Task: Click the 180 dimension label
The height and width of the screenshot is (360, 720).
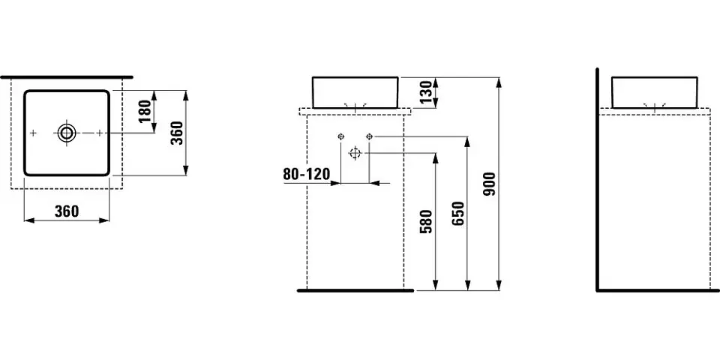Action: pos(145,111)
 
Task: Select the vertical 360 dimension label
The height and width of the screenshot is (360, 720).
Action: pos(177,133)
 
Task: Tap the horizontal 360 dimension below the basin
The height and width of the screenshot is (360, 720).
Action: pos(67,211)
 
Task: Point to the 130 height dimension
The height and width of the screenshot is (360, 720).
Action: pos(425,92)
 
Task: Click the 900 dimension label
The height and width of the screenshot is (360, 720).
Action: pos(490,184)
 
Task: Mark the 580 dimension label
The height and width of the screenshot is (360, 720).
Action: pos(426,222)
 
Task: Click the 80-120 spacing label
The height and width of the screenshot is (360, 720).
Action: pos(306,174)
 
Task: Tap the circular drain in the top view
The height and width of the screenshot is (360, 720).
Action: pos(67,133)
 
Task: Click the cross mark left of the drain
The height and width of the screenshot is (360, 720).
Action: pos(33,133)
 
